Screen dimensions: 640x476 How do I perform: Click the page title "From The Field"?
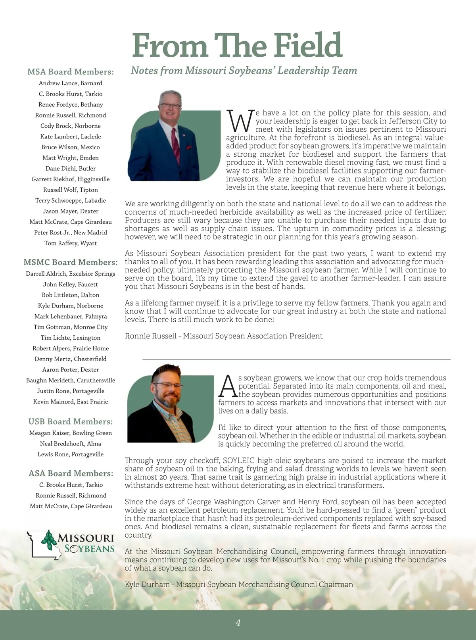pyautogui.click(x=237, y=46)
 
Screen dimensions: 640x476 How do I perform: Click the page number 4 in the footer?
pyautogui.click(x=238, y=623)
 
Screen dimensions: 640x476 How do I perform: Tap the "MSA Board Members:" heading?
pyautogui.click(x=71, y=72)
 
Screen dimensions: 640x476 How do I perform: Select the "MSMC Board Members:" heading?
pyautogui.click(x=71, y=262)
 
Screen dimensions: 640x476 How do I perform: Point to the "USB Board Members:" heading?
pyautogui.click(x=71, y=421)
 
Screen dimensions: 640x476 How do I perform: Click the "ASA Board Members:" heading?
pyautogui.click(x=71, y=473)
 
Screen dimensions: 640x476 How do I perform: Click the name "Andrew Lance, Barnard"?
pyautogui.click(x=71, y=83)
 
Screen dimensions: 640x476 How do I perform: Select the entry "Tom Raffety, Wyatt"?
pyautogui.click(x=71, y=243)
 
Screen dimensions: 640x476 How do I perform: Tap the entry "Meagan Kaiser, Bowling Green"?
pyautogui.click(x=71, y=433)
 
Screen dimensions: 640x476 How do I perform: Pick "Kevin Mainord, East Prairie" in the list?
pyautogui.click(x=71, y=402)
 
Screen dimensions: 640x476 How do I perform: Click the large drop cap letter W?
pyautogui.click(x=240, y=121)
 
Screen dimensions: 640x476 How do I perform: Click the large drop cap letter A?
pyautogui.click(x=228, y=386)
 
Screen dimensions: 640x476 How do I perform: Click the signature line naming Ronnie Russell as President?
pyautogui.click(x=224, y=336)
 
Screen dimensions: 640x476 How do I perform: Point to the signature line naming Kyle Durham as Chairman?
pyautogui.click(x=239, y=584)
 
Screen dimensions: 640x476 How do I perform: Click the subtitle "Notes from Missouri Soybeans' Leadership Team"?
pyautogui.click(x=244, y=71)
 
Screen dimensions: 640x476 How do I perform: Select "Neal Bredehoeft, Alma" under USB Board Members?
pyautogui.click(x=71, y=444)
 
